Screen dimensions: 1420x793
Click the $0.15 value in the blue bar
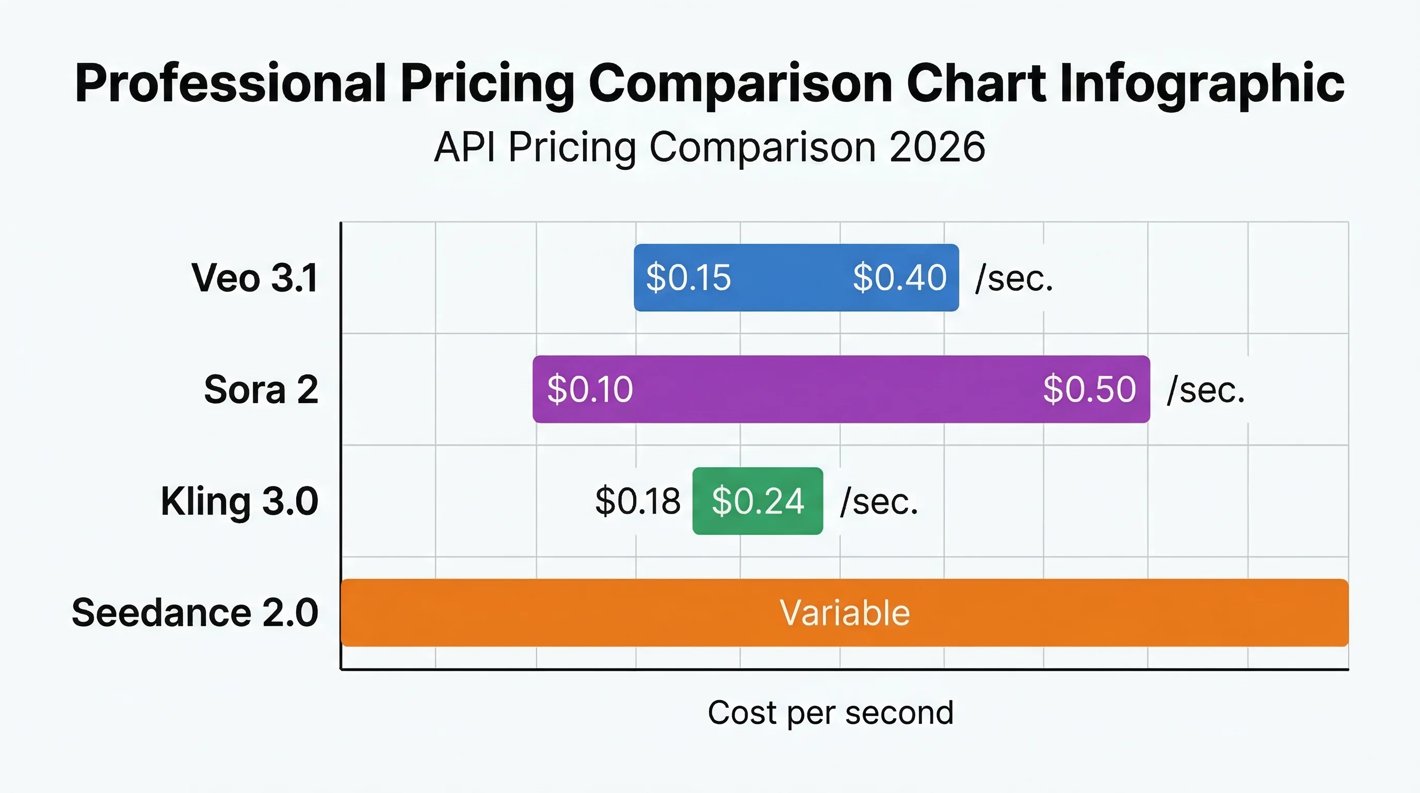pyautogui.click(x=688, y=277)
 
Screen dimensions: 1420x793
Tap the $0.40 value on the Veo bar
pyautogui.click(x=900, y=277)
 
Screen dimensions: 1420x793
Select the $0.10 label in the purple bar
pyautogui.click(x=590, y=389)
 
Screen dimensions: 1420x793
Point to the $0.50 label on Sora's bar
pyautogui.click(x=1089, y=389)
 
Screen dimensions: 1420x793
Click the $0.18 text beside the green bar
pyautogui.click(x=638, y=501)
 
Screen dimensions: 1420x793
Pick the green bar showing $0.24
pyautogui.click(x=758, y=501)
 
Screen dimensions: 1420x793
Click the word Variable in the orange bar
pyautogui.click(x=845, y=613)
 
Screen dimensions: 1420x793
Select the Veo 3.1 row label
pyautogui.click(x=255, y=277)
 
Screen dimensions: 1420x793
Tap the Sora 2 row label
pyautogui.click(x=261, y=389)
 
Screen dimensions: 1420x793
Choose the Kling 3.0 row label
pyautogui.click(x=240, y=502)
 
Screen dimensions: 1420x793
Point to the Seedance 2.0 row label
pyautogui.click(x=195, y=613)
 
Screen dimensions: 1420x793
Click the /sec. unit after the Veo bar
pyautogui.click(x=1014, y=278)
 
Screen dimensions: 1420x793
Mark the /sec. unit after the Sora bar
pyautogui.click(x=1206, y=390)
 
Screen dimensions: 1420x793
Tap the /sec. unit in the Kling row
pyautogui.click(x=879, y=502)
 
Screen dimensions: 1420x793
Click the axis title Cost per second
pyautogui.click(x=831, y=713)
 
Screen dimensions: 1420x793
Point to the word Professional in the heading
pyautogui.click(x=231, y=83)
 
